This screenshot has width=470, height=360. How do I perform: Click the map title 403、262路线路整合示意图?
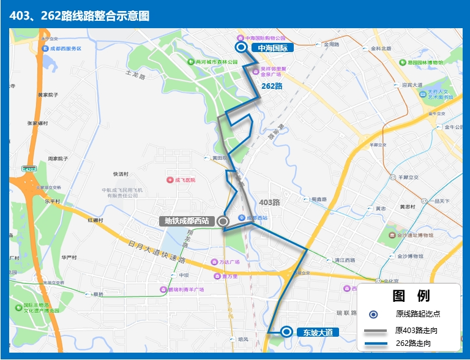tap(80, 15)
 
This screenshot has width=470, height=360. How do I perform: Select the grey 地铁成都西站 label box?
tap(187, 221)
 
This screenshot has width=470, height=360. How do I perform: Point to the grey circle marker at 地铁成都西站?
tap(223, 221)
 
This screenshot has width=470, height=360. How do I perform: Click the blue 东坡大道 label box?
tap(318, 332)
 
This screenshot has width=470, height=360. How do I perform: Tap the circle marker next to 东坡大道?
tap(286, 332)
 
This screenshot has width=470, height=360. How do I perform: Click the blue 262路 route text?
tap(272, 86)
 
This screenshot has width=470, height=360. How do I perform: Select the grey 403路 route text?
tap(269, 202)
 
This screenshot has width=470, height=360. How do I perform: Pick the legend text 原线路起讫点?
tap(418, 314)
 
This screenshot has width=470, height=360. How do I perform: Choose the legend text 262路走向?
tap(413, 343)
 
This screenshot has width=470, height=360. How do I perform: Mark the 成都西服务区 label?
tap(64, 48)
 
